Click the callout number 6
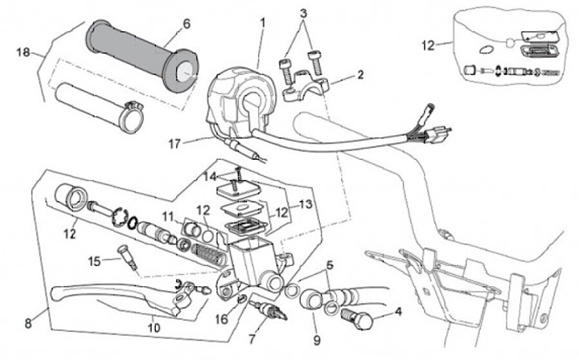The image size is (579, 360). (x=187, y=25)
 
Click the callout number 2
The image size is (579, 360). (x=360, y=75)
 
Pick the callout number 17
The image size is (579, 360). (x=175, y=144)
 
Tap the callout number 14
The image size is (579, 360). (x=210, y=175)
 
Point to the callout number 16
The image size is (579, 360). (x=222, y=319)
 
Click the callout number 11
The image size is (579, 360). (x=167, y=216)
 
